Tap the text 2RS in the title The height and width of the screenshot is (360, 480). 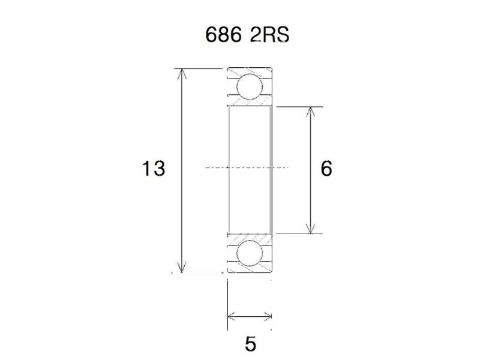point(269,36)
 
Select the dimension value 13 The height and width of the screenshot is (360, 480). point(153,169)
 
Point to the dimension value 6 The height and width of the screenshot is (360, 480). point(326,169)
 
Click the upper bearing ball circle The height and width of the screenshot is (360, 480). point(249,87)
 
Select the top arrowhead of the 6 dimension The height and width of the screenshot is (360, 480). point(310,112)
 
